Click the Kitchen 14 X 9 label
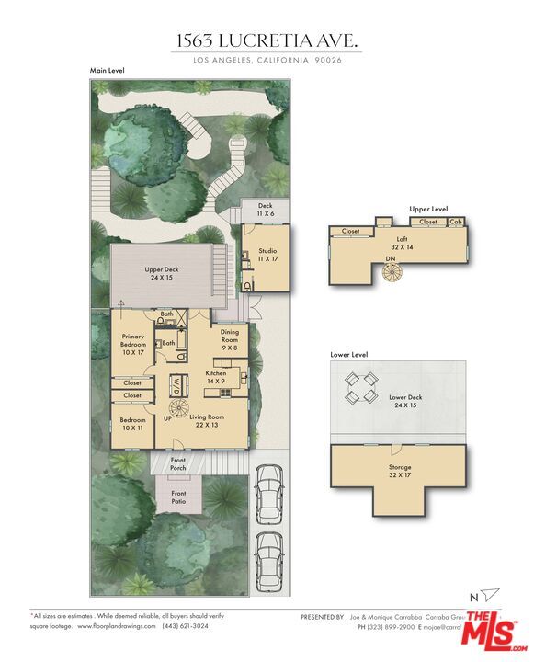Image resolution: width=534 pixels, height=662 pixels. tap(215, 377)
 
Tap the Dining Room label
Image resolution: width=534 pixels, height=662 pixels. tap(229, 339)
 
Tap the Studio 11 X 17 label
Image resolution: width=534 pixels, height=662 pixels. tap(267, 255)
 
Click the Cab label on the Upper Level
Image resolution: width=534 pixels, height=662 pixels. tap(456, 222)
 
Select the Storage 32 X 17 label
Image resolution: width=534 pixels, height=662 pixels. tap(400, 471)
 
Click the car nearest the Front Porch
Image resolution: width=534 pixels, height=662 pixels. tap(267, 492)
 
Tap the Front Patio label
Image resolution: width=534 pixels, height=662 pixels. tap(178, 497)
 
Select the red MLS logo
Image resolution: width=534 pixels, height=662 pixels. tap(496, 633)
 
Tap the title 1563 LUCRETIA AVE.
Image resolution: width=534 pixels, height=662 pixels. tap(267, 40)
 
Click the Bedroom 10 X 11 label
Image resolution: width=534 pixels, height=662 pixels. tap(132, 424)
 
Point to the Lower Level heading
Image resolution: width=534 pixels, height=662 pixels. tap(349, 354)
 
